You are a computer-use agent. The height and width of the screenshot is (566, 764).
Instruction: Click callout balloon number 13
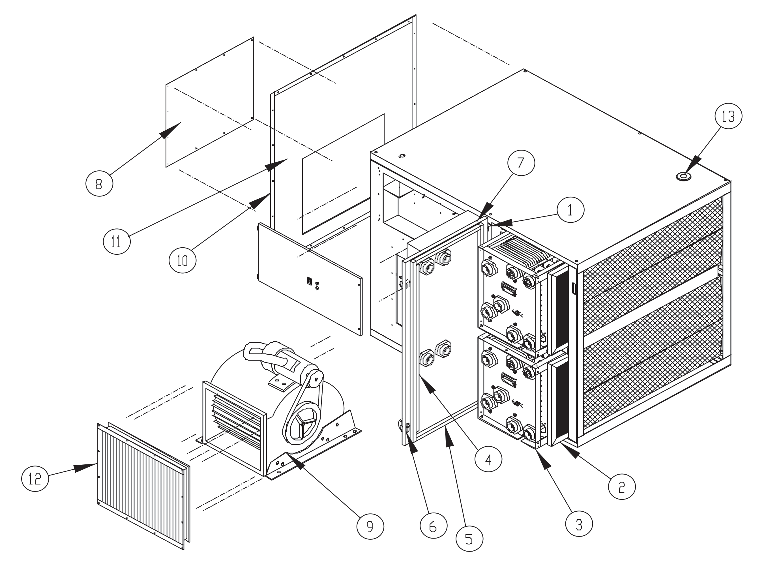(728, 117)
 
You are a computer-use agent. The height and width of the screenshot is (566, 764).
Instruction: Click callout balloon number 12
(35, 479)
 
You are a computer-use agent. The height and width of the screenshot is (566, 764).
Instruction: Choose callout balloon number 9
(370, 526)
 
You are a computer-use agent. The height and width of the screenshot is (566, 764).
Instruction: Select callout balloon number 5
(469, 538)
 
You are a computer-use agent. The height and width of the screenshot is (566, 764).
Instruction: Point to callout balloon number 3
(579, 523)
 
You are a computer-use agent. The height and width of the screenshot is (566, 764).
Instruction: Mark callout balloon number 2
(622, 486)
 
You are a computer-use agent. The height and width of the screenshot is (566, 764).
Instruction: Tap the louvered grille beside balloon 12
(142, 486)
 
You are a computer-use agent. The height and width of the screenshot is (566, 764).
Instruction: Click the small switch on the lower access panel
(309, 281)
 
